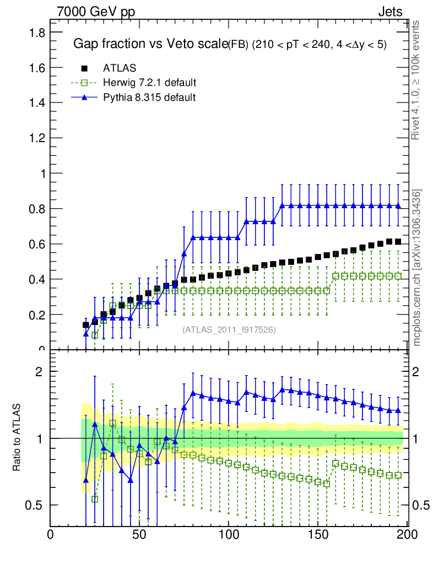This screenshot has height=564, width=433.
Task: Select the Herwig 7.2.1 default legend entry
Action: pos(149,83)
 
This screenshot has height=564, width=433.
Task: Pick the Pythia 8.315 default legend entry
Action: pos(149,97)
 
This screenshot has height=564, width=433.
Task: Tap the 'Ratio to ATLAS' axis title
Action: pos(17,438)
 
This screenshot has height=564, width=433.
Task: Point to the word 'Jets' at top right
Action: pos(390,12)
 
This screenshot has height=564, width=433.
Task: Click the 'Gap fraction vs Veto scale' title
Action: pos(150,45)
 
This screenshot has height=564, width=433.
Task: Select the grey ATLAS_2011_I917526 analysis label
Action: pos(229,329)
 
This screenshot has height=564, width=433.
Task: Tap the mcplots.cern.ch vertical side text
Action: pos(417,268)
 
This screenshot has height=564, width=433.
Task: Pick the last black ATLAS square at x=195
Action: pos(398,242)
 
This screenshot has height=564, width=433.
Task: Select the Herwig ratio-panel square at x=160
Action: pos(336,463)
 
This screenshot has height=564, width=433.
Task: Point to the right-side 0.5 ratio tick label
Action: pos(421,505)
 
